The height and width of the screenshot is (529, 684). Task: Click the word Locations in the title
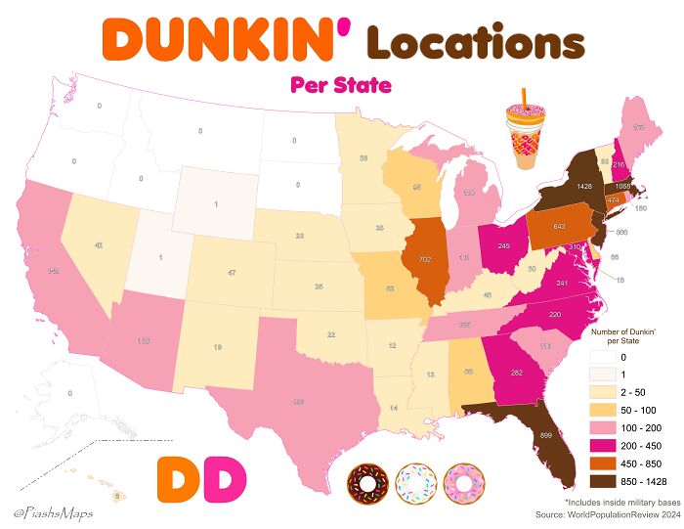pyautogui.click(x=475, y=42)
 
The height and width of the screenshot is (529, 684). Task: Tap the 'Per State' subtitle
pyautogui.click(x=341, y=85)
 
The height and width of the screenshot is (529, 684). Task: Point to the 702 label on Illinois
pyautogui.click(x=425, y=260)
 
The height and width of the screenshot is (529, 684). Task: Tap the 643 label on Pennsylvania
pyautogui.click(x=559, y=227)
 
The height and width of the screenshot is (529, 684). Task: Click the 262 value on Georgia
pyautogui.click(x=517, y=373)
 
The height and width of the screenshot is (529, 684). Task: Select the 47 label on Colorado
pyautogui.click(x=231, y=274)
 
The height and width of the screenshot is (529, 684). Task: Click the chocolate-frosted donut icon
pyautogui.click(x=367, y=483)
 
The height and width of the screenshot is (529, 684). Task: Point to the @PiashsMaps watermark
pyautogui.click(x=48, y=511)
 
